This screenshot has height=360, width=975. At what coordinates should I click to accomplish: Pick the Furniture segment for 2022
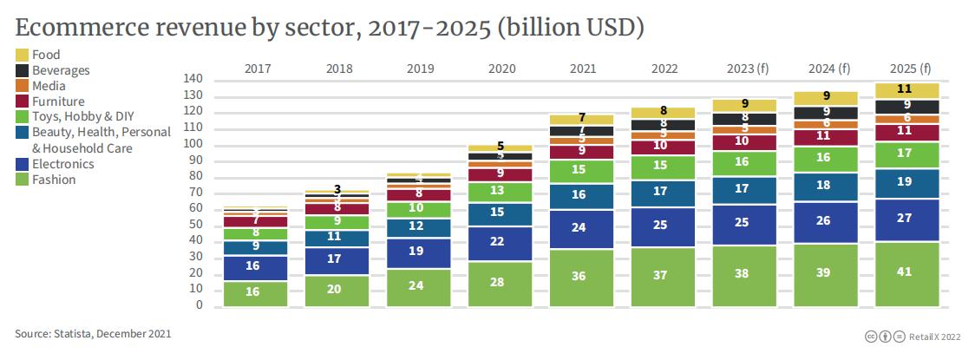click(663, 147)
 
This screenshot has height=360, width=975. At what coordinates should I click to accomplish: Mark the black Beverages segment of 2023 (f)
click(744, 119)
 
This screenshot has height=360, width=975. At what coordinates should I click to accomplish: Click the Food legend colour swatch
click(23, 56)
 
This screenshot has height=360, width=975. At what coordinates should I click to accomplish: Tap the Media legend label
click(49, 86)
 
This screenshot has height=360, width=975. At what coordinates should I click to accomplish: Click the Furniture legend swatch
click(23, 102)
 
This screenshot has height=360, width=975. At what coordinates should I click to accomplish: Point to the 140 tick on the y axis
click(193, 79)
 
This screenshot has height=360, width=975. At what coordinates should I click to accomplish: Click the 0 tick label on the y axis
click(199, 305)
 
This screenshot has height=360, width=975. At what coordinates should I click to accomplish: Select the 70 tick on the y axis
click(195, 193)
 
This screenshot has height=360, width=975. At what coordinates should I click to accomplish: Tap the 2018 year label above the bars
click(337, 68)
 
